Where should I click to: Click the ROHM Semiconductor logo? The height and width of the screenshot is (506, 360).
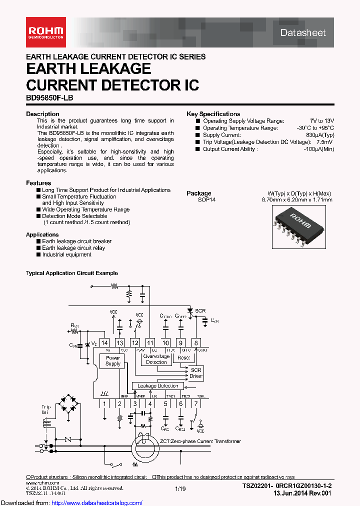45,31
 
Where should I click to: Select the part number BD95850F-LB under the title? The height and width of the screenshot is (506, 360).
49,98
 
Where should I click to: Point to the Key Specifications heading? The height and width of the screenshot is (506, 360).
213,114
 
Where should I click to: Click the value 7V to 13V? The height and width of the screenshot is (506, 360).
321,121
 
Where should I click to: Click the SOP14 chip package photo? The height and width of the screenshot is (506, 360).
296,224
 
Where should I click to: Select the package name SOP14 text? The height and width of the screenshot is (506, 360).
207,199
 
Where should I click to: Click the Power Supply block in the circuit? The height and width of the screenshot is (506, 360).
113,360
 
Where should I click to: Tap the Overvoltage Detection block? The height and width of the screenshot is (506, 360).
156,359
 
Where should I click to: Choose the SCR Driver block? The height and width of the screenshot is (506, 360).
195,373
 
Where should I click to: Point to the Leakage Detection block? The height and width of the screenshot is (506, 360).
158,386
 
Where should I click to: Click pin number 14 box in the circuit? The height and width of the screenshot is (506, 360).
104,342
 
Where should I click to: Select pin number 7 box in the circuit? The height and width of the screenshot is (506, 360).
196,403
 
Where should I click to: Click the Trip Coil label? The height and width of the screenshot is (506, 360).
46,410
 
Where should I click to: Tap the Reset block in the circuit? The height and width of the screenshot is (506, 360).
183,357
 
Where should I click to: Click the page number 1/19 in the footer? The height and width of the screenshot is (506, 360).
180,487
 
